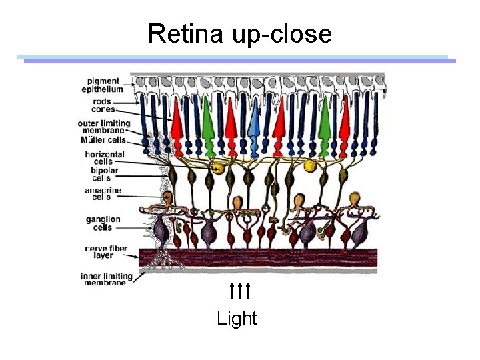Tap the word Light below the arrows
tap(237, 319)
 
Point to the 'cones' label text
tap(103, 109)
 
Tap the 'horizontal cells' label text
tap(104, 158)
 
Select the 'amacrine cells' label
tap(102, 193)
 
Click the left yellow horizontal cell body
tap(216, 167)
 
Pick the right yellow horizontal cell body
tap(310, 165)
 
